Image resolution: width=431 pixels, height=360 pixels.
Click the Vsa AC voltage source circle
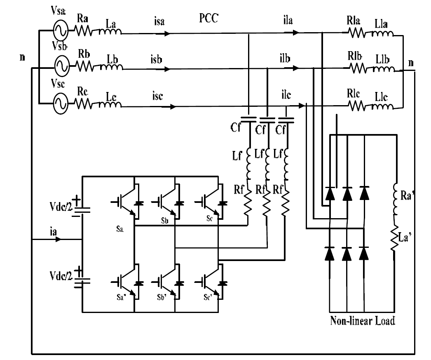[x=61, y=31]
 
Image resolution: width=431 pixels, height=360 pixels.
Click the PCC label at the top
[x=208, y=18]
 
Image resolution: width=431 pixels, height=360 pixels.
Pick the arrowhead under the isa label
[x=167, y=33]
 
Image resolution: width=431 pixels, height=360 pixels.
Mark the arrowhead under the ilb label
[x=296, y=68]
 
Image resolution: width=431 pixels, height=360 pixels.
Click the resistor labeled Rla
[x=357, y=33]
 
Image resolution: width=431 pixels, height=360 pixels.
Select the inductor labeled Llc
[x=383, y=106]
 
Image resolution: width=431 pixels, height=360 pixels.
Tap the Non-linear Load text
[x=363, y=321]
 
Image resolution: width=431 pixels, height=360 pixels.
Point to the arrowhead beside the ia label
[x=58, y=239]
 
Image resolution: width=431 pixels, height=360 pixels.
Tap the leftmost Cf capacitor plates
[x=248, y=119]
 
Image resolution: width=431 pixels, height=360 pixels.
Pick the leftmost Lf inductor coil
[x=248, y=164]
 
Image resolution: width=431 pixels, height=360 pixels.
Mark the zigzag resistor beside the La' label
[x=394, y=238]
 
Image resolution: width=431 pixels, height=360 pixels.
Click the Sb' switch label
[x=162, y=297]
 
